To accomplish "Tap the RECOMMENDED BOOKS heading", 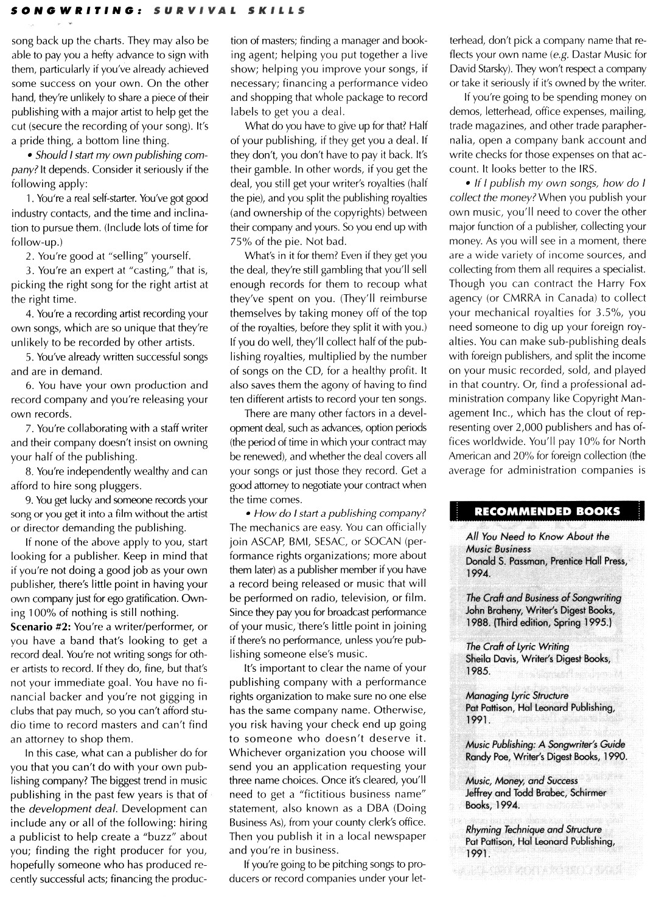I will point(547,511).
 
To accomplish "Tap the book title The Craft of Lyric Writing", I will point(517,646).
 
